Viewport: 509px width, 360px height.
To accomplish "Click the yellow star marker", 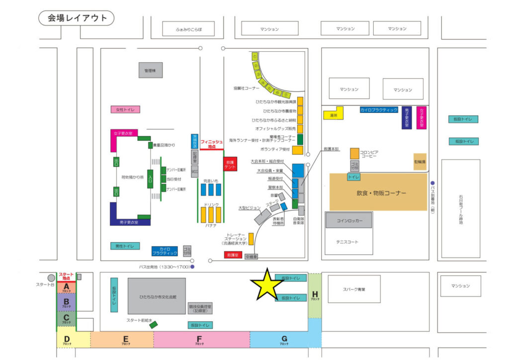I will click(x=267, y=285).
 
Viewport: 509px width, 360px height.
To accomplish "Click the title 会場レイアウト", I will click(x=77, y=18).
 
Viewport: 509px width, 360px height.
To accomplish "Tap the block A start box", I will click(x=66, y=287).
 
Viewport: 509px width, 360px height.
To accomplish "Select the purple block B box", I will click(x=66, y=301).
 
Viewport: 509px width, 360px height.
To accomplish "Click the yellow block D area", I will click(x=66, y=340).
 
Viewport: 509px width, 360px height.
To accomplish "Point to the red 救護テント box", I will click(x=230, y=165).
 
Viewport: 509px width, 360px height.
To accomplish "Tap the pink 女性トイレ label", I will click(x=125, y=109).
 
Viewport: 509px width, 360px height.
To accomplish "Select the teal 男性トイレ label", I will click(x=125, y=246).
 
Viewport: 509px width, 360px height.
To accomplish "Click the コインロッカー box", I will click(x=349, y=220).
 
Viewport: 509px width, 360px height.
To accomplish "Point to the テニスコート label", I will click(x=348, y=242).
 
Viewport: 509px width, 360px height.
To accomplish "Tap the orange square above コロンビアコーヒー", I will click(x=354, y=153).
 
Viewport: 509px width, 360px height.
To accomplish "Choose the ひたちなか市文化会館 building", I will click(x=157, y=296).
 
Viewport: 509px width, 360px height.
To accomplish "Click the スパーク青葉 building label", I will click(x=354, y=288).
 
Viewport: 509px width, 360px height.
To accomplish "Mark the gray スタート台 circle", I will click(x=51, y=278).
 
